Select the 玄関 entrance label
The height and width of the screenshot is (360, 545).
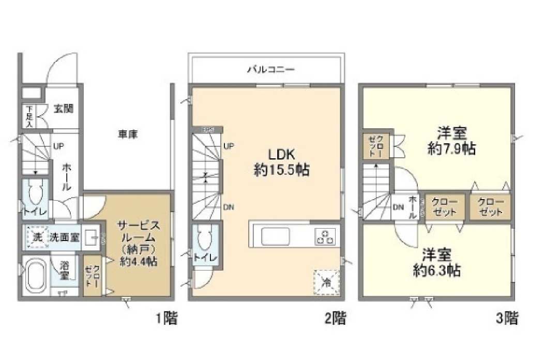point(63,109)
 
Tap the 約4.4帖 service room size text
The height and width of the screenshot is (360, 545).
point(139,262)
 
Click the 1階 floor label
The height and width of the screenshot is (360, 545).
point(167,318)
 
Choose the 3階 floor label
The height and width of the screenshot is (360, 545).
point(507,318)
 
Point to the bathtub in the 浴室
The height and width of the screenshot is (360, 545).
point(36,276)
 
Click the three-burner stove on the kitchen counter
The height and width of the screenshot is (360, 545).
point(325,237)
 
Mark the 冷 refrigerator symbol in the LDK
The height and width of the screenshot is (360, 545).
point(327,281)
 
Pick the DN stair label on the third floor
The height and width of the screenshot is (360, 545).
point(398,208)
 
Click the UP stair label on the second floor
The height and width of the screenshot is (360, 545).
point(228,146)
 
